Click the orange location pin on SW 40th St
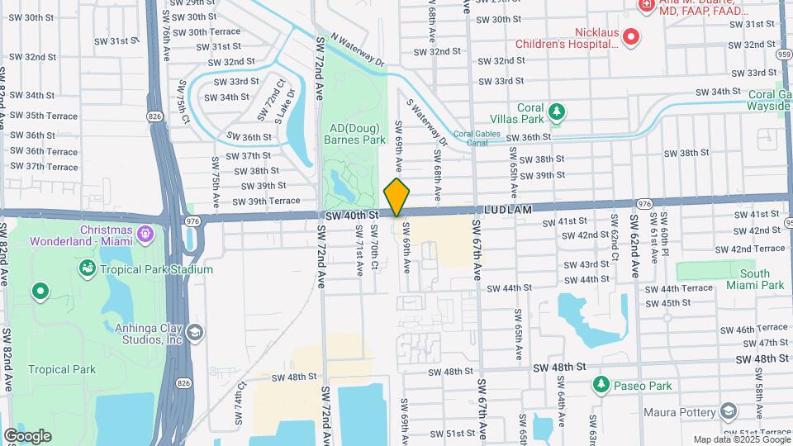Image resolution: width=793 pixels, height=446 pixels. pos(397,197)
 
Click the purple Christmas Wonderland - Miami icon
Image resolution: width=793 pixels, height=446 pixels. pos(145,235)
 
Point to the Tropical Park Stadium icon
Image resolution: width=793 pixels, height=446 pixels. pos(87,269)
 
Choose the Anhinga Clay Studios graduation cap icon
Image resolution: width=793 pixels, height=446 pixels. pos(195,332)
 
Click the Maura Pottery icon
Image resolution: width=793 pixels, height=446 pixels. pos(728,410)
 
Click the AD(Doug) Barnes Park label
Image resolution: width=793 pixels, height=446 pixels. pos(358,134)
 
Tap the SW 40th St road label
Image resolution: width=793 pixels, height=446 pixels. pos(352,215)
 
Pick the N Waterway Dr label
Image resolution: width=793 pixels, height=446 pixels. pos(358,49)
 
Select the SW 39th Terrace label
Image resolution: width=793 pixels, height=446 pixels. pos(265,201)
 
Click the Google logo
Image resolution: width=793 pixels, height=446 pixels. pos(27,435)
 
